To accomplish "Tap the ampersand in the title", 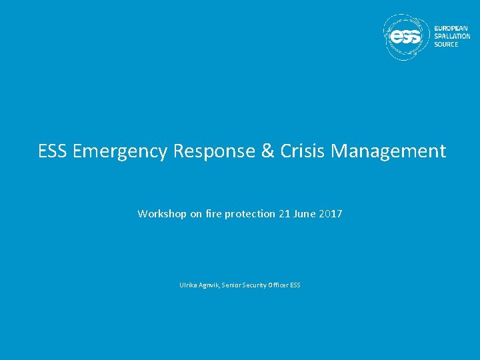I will coord(268,151).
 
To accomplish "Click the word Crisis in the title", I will coord(303,151).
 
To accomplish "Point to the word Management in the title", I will coord(389,152).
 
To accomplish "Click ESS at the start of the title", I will coord(53,151).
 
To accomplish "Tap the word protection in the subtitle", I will coord(249,214).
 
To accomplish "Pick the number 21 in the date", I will coord(285,214).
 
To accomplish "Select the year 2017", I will coord(331,214).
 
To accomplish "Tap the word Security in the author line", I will coord(254,285).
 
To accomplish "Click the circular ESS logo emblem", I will coord(407,37).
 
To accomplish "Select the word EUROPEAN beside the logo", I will coord(451,28).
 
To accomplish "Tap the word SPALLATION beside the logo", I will coord(453,36).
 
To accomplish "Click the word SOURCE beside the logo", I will coord(446,44).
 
